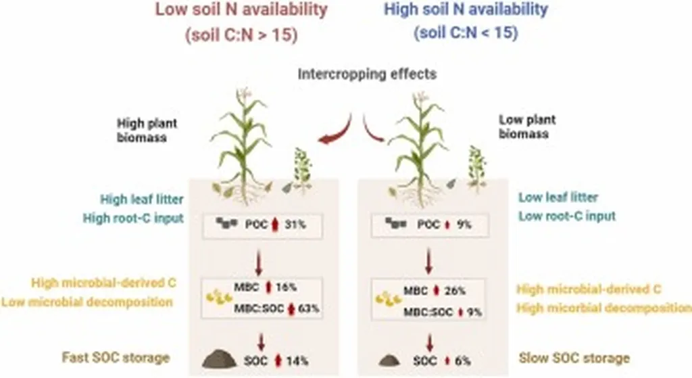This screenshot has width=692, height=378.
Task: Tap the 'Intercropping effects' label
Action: pos(367,74)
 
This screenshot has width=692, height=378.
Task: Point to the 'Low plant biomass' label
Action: pos(526,126)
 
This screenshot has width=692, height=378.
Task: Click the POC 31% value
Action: pos(296,224)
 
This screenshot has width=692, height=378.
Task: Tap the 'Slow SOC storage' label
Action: pos(574,357)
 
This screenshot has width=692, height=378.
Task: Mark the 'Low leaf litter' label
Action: pos(558,198)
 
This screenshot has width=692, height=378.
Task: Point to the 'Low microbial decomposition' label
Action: pos(86,302)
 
